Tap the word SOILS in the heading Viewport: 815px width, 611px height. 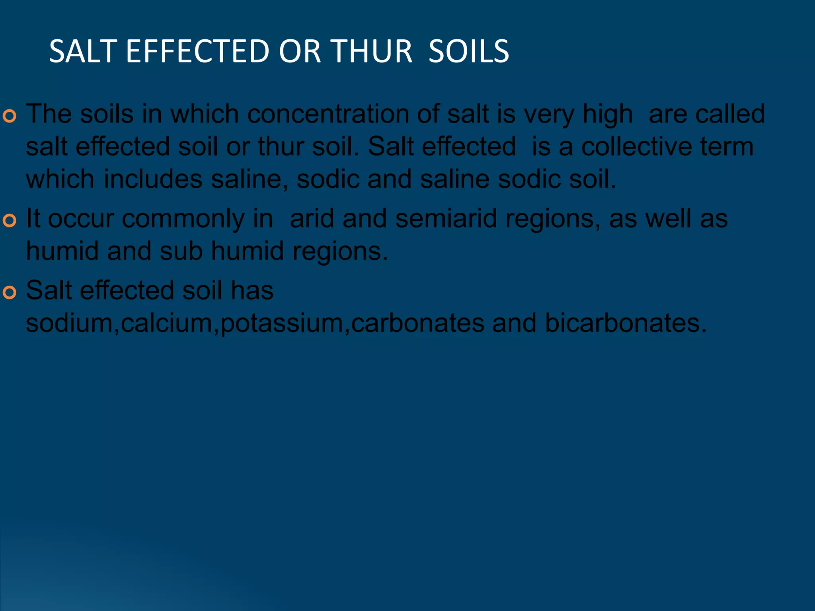(468, 51)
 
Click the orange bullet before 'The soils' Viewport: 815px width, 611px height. (10, 116)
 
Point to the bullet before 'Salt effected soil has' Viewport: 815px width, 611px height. (10, 292)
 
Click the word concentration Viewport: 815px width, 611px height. (328, 114)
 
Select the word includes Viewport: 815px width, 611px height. (153, 179)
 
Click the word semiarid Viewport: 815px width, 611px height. (446, 219)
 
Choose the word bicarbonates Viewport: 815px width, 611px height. (626, 323)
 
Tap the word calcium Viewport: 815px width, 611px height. (167, 323)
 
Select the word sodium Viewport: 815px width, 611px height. (70, 323)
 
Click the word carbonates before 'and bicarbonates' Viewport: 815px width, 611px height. (417, 323)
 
